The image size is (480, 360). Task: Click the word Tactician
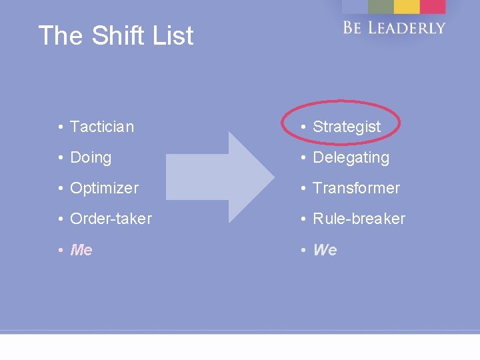coord(101,127)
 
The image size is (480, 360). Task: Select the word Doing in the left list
coord(91,158)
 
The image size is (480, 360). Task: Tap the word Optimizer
coord(104,189)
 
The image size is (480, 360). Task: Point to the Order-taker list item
coord(111,219)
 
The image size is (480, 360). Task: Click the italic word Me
coord(81,250)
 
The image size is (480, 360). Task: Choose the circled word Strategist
coord(347,127)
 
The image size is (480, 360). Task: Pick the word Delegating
coord(351,158)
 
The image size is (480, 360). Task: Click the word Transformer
coord(356,189)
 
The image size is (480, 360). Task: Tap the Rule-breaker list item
coord(359,219)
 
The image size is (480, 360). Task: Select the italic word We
coord(325,250)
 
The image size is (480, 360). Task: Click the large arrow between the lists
coord(220,177)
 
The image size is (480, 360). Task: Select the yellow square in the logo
coord(406,6)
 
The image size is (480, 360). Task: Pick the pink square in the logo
coord(433,6)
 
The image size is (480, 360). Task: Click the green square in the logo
coord(381,6)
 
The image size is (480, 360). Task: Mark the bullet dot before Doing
coord(60,159)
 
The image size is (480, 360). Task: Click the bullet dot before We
coord(303,251)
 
